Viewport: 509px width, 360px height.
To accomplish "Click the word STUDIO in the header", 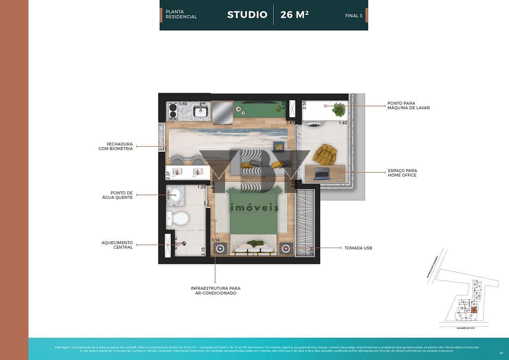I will (247, 14).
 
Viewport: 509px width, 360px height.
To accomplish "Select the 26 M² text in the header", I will (294, 14).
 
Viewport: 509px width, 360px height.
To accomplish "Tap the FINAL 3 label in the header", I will (353, 15).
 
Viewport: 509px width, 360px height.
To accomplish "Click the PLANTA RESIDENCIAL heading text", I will (181, 14).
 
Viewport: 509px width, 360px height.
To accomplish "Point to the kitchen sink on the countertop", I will (200, 111).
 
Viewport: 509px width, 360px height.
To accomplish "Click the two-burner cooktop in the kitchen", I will (173, 112).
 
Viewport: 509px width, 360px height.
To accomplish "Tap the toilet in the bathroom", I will (177, 218).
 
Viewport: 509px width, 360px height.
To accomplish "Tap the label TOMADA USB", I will (358, 248).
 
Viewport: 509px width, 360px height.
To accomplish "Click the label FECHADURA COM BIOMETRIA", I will (116, 146).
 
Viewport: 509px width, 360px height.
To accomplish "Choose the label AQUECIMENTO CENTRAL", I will (117, 245).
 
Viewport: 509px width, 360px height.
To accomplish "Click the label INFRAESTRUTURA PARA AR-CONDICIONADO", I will (215, 290).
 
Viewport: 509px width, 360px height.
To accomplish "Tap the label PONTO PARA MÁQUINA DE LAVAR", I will (409, 105).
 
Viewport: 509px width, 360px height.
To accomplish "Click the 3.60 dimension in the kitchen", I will (183, 104).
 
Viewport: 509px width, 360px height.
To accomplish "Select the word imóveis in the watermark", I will (254, 208).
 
